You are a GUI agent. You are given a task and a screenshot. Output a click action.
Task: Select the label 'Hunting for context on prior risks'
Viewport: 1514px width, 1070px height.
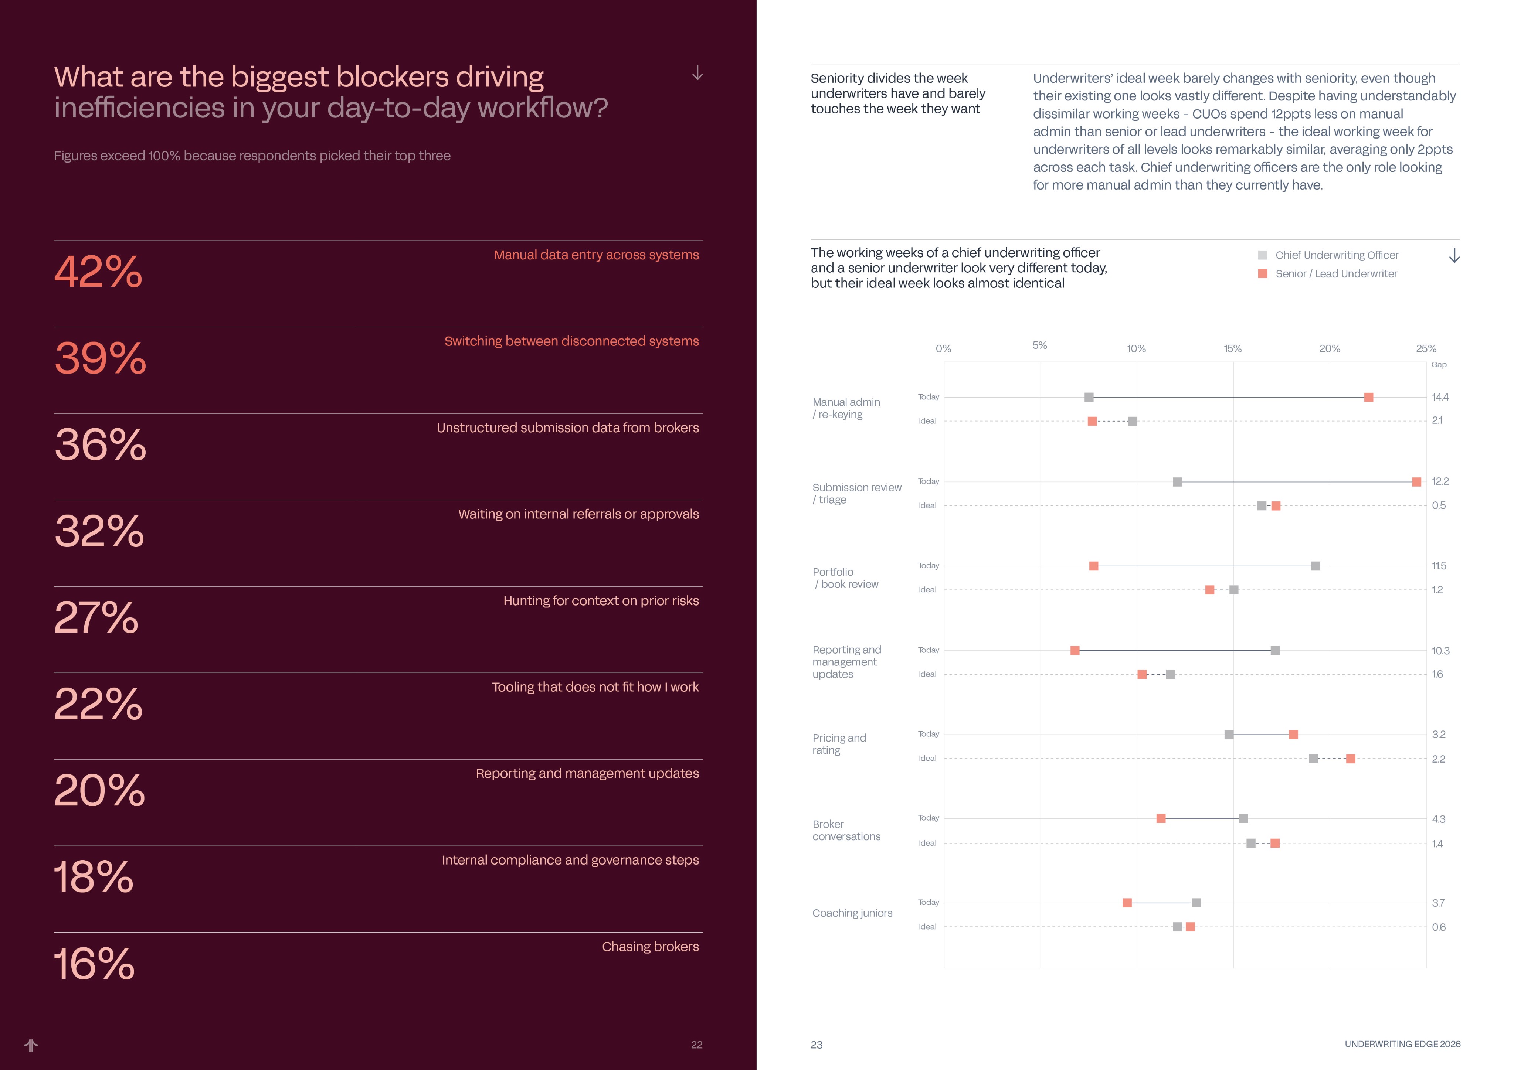click(x=601, y=601)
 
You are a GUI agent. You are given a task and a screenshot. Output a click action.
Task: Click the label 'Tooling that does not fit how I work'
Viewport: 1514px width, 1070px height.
click(x=595, y=687)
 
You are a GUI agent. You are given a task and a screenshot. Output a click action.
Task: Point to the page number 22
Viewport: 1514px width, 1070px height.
click(x=696, y=1044)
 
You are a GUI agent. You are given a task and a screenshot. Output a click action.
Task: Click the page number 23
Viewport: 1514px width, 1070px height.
click(x=817, y=1044)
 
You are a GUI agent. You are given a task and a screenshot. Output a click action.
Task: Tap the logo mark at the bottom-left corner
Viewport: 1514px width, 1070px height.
click(x=31, y=1045)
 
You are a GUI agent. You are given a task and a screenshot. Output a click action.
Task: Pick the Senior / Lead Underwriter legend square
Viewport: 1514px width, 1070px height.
click(x=1263, y=274)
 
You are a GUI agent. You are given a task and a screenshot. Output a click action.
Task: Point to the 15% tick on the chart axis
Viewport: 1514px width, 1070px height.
click(x=1232, y=349)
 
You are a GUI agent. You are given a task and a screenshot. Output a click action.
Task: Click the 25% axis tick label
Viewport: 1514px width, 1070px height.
click(x=1426, y=349)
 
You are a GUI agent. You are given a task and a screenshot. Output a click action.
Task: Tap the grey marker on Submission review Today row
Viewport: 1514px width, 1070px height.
click(x=1177, y=482)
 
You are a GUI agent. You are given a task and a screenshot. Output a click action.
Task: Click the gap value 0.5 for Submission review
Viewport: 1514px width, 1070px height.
click(x=1439, y=506)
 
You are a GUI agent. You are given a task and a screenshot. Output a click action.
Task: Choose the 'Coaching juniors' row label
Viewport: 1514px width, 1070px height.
click(x=852, y=913)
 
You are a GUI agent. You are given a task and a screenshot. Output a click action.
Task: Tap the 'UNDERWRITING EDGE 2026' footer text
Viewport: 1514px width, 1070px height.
click(x=1403, y=1044)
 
